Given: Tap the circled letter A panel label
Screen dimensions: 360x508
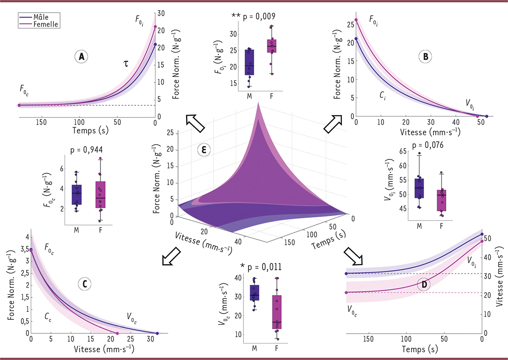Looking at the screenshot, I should pos(80,56).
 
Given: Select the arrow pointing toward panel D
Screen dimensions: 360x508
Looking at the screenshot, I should pos(351,256).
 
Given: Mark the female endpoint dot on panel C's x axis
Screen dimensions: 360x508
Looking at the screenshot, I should pos(117,333).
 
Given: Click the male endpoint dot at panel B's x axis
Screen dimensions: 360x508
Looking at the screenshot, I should pos(486,116).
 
